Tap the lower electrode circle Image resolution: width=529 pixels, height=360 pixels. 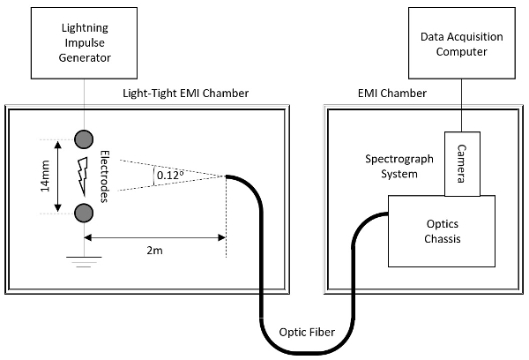(x=86, y=213)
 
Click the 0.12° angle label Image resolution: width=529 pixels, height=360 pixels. (x=169, y=175)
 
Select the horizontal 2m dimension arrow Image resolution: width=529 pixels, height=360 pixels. (x=155, y=238)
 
